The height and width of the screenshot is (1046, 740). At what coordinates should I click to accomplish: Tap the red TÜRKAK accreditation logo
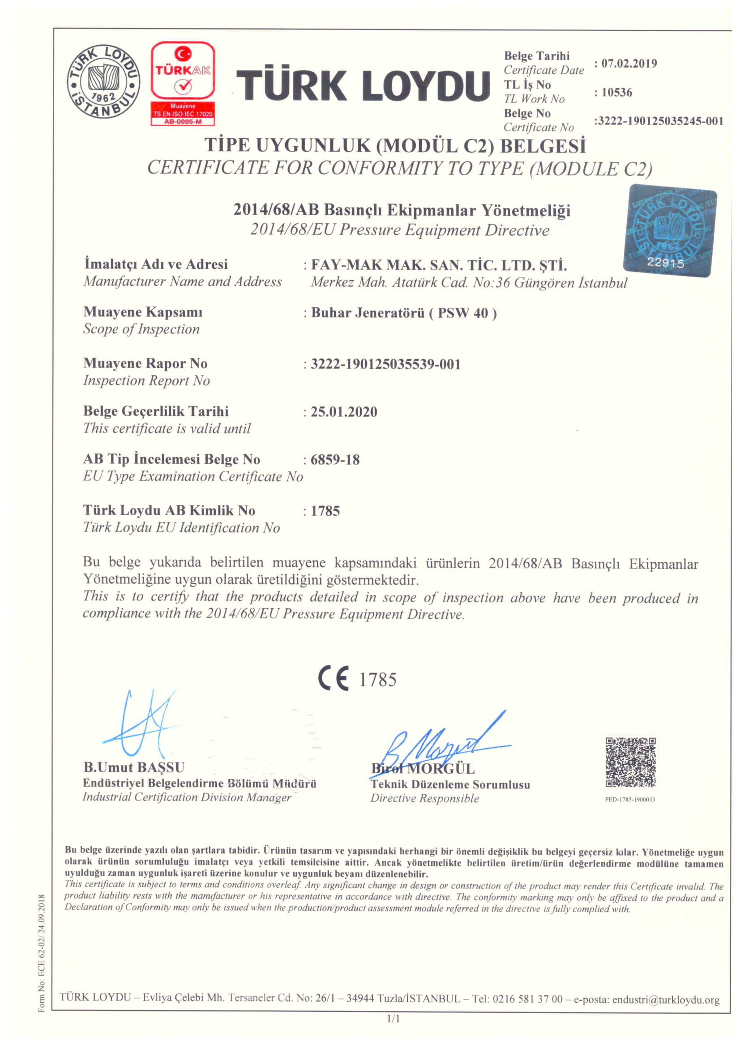coord(182,83)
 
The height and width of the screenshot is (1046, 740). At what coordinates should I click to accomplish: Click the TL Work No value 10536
coord(616,93)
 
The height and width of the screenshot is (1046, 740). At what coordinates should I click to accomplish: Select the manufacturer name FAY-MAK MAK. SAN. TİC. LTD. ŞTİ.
coord(439,265)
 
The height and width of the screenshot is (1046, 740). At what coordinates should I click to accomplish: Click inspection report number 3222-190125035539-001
coord(385,364)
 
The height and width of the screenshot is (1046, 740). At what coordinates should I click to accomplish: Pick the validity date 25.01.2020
coord(344,412)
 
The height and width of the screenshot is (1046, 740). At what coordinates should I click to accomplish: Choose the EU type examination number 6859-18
coord(335,460)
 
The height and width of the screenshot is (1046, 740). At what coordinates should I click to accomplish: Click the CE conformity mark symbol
coord(334,679)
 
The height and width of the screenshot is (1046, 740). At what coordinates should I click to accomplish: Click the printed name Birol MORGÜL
coord(423,769)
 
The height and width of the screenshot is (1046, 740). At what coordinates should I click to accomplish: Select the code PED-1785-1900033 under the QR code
coord(630,800)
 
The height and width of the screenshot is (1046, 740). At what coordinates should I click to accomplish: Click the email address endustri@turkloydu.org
coord(665,1000)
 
